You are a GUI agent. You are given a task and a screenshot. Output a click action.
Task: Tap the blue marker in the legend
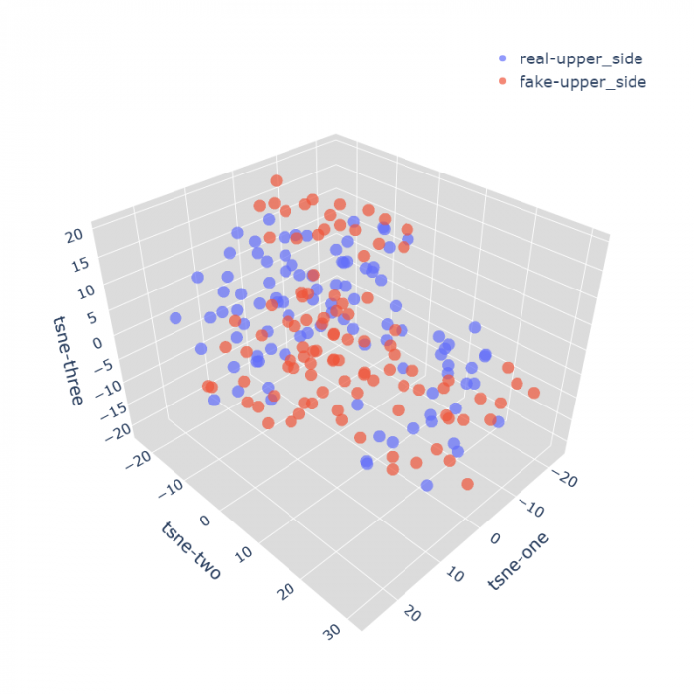pyautogui.click(x=503, y=59)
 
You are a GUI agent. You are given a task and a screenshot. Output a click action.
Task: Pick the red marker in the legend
pyautogui.click(x=503, y=82)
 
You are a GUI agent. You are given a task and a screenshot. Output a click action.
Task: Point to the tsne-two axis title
pyautogui.click(x=189, y=550)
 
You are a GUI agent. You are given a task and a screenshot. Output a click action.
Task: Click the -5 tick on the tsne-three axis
pyautogui.click(x=105, y=370)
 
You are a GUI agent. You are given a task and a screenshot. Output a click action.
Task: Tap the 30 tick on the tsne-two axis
pyautogui.click(x=332, y=631)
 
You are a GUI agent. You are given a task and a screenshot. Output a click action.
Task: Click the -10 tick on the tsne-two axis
pyautogui.click(x=173, y=487)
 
